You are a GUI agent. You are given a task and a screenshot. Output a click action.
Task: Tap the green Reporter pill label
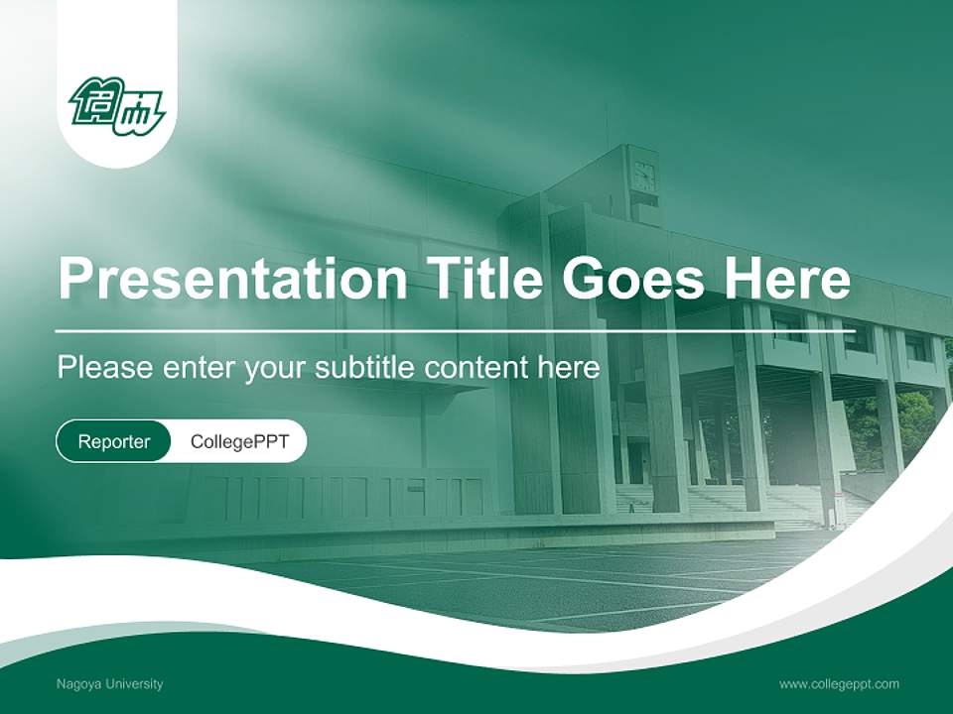click(114, 441)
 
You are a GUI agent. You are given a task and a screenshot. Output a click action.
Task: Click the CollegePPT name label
click(239, 441)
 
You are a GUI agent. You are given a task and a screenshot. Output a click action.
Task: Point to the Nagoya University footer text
click(110, 684)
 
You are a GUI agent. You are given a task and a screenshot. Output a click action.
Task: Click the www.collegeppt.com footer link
click(839, 684)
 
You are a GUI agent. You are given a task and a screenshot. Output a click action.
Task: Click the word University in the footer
click(130, 684)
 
